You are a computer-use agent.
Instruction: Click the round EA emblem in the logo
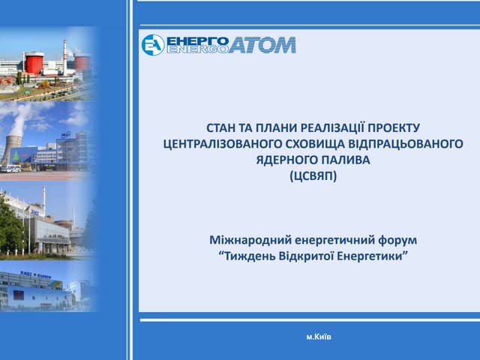(153, 45)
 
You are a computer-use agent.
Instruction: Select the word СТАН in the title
(222, 128)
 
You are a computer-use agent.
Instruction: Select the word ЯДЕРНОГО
(281, 160)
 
